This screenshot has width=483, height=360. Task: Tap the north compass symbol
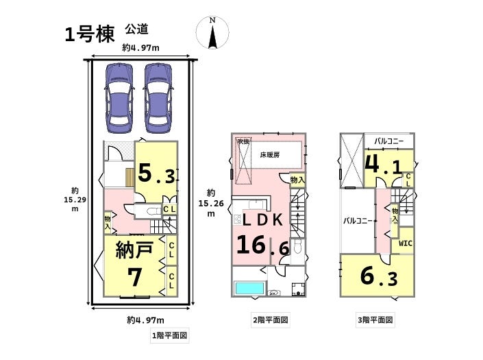coord(212,34)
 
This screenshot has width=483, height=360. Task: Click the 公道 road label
coord(137,29)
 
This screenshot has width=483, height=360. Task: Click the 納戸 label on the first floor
coord(134,250)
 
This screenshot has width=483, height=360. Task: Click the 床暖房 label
coord(269,156)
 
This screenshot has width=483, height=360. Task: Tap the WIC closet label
coord(405,243)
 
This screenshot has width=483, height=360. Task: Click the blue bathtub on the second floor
coord(248,289)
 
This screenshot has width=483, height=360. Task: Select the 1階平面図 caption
coord(169,336)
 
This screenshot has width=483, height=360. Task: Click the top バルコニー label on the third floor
coord(388,142)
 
